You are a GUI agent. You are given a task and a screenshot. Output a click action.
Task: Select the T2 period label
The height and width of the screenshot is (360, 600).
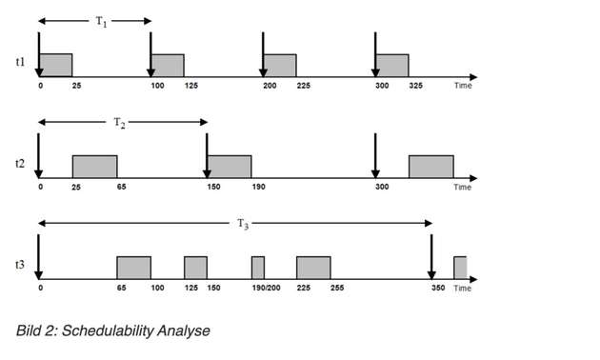coord(119,122)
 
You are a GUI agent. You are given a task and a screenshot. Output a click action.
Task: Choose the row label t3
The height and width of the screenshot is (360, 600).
coord(20,266)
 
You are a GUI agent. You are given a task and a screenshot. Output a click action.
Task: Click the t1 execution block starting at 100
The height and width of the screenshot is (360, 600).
coord(168,65)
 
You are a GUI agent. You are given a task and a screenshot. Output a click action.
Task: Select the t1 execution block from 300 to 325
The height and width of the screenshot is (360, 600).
coord(392,65)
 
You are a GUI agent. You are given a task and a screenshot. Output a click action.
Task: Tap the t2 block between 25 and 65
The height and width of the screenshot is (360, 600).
coord(94,166)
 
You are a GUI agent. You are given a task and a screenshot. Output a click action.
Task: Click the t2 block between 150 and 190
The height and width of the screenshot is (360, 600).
coord(230,166)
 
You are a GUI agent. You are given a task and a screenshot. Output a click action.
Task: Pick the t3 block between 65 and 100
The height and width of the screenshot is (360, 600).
coord(133,268)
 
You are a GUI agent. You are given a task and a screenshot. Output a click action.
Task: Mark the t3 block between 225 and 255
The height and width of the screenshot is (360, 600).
coord(313,268)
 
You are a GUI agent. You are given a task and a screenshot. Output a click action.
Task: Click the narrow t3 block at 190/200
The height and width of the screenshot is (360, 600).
coord(258,268)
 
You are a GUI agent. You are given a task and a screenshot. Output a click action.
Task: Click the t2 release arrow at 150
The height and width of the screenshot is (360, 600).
coord(207,152)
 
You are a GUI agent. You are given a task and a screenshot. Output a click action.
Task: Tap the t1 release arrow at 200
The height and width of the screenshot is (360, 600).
coord(263,52)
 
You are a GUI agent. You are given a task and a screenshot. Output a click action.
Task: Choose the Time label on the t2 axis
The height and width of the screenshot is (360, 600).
coord(462,188)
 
